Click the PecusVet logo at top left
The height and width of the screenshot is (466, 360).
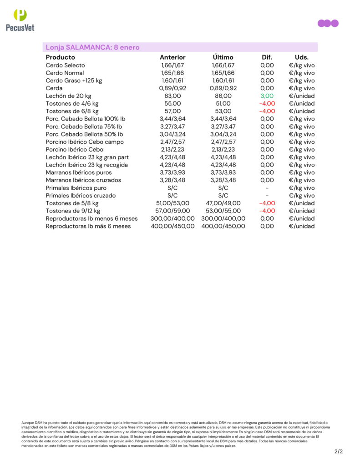coord(20,20)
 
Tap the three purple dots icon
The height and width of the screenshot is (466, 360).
coord(328,23)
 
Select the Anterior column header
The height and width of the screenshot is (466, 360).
coord(172,57)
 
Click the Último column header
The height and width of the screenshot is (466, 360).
coord(223,57)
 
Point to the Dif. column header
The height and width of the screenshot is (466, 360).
coord(267,57)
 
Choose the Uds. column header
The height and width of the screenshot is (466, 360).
coord(301,57)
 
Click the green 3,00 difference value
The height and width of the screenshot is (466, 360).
coord(267,96)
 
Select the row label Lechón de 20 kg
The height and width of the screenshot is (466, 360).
coord(69,96)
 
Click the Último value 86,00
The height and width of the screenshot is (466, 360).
coord(223,96)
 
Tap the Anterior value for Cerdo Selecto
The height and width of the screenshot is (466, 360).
coord(172,66)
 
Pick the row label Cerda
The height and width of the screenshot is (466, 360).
coord(54,88)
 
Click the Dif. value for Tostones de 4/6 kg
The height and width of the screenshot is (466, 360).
coord(267,104)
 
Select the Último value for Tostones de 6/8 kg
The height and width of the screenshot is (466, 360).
coord(223,111)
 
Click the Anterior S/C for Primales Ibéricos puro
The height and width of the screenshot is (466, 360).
coord(172,188)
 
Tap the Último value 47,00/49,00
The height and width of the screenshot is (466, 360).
coord(223,203)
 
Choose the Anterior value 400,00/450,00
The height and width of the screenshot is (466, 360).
coord(172,226)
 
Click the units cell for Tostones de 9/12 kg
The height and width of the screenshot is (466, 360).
coord(301,211)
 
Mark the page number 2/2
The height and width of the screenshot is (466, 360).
coord(338,452)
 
